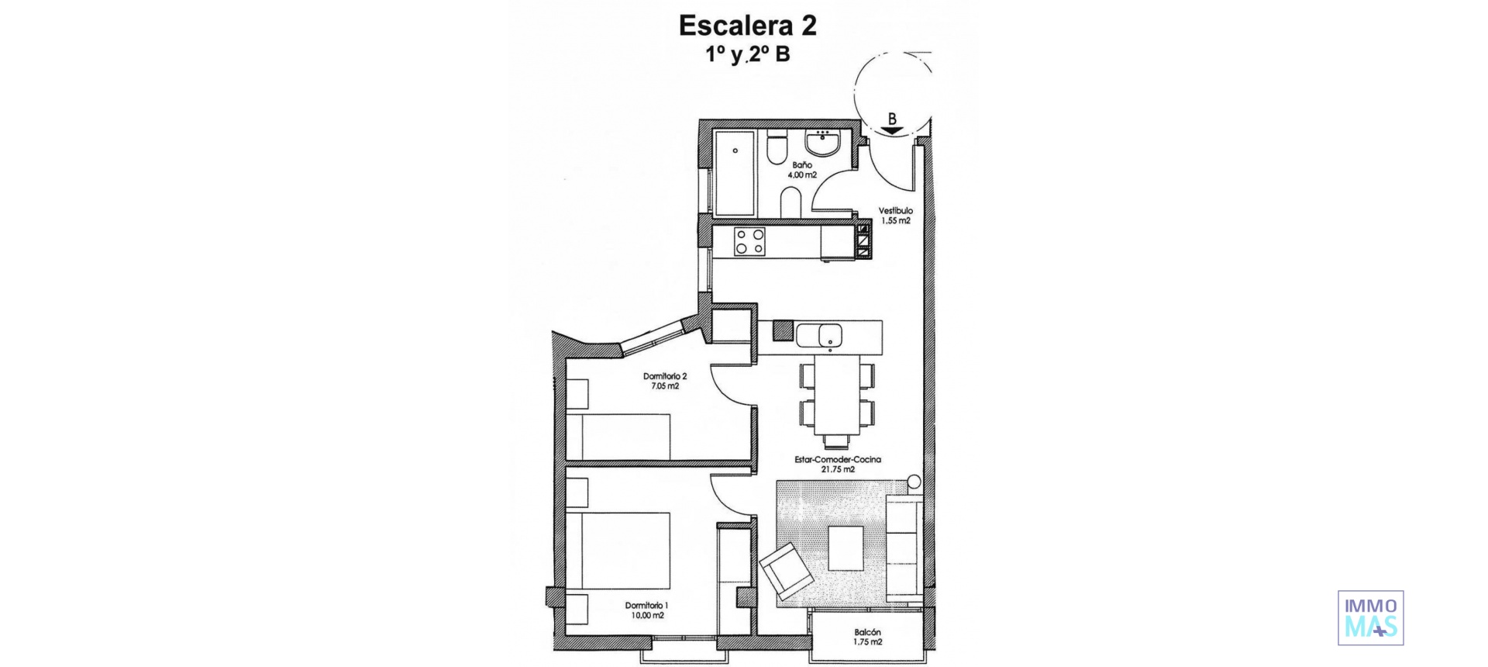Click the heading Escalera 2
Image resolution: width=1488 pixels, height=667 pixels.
(747, 26)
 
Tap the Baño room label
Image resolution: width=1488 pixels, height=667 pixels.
(802, 165)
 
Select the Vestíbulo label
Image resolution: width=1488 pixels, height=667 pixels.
(895, 210)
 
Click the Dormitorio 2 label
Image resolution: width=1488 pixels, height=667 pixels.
(665, 376)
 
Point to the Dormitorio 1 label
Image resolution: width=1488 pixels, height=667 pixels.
(646, 605)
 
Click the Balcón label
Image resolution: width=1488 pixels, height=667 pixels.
(868, 632)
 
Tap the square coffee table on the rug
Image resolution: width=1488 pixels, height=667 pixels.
(846, 548)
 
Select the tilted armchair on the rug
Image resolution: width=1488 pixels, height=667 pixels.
(787, 572)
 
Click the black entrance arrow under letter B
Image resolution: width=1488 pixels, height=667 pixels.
(892, 130)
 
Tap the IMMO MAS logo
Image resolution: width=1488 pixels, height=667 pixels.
(1370, 617)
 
